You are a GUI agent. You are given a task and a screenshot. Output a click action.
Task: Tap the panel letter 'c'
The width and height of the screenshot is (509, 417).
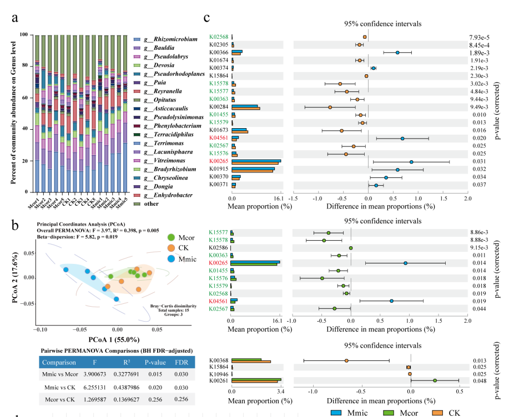pos(206,18)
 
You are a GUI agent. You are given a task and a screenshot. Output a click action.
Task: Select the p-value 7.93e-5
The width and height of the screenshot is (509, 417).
pos(479,37)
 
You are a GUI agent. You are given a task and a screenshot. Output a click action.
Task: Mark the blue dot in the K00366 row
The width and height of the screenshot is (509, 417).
pos(397,53)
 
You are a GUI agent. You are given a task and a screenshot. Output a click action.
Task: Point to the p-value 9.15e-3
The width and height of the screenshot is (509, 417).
pos(479,247)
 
